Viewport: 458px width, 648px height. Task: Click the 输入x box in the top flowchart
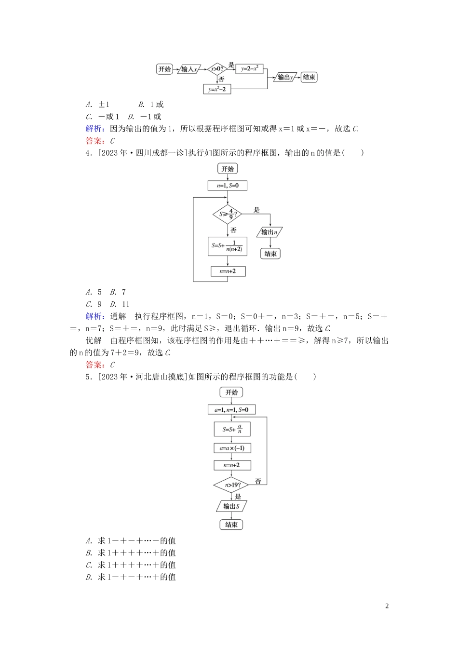click(189, 69)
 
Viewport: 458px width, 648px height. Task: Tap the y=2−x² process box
click(249, 69)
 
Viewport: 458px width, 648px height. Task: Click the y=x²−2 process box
click(217, 89)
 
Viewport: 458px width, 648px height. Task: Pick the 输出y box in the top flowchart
click(285, 77)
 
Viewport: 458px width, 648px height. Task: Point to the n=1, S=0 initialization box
click(228, 186)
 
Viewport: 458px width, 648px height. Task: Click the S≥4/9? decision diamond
click(227, 214)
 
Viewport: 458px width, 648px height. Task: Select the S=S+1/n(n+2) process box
click(228, 246)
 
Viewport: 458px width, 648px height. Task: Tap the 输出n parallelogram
click(270, 232)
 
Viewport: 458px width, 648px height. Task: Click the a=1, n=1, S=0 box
click(231, 410)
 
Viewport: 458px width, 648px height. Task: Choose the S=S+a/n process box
click(232, 429)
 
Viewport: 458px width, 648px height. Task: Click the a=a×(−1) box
click(232, 448)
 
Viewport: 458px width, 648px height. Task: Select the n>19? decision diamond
click(232, 485)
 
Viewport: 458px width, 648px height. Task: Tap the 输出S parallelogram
click(231, 506)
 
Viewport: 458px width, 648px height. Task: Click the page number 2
click(387, 606)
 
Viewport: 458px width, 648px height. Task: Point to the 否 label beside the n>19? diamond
click(258, 481)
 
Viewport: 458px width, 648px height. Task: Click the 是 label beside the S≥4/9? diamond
click(256, 210)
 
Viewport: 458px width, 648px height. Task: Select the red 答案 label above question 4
click(94, 141)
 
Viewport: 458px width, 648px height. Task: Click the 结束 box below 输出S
click(231, 525)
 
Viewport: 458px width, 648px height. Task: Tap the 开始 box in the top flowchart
click(165, 69)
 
